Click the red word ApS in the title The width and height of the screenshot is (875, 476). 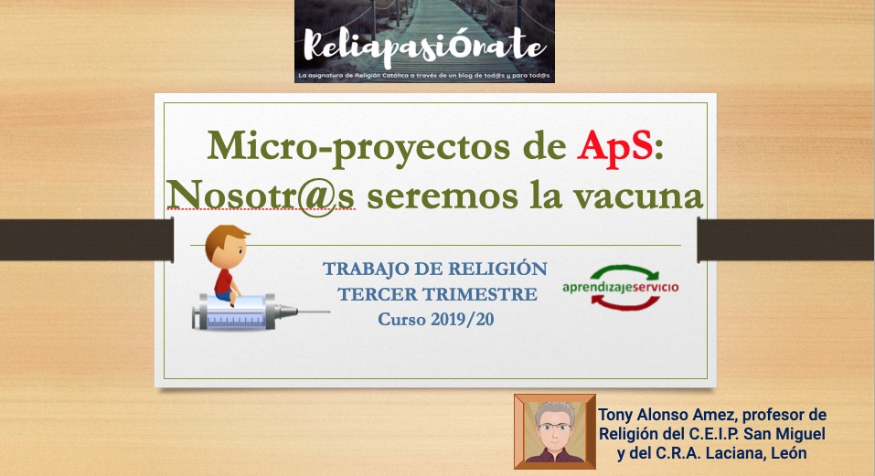(x=615, y=147)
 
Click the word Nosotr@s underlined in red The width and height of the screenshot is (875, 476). (x=261, y=196)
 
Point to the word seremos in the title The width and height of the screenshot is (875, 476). (x=442, y=196)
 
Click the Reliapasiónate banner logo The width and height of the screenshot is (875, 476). (x=424, y=41)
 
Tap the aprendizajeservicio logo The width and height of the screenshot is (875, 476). (x=621, y=287)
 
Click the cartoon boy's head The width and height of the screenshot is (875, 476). (x=227, y=245)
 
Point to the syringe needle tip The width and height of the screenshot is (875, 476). (x=330, y=312)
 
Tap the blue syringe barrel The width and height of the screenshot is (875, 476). (x=235, y=313)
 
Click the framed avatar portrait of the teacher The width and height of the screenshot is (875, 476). (x=555, y=431)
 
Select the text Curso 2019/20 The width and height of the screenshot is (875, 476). (x=436, y=320)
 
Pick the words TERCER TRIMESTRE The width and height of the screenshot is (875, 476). (x=437, y=294)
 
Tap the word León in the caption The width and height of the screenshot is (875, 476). (x=788, y=453)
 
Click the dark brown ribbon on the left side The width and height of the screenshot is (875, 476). (x=87, y=239)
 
